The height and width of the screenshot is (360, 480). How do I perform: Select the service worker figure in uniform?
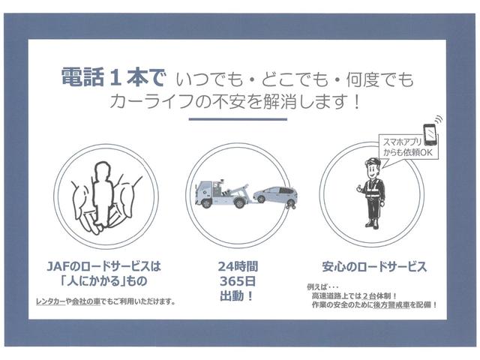click(373, 193)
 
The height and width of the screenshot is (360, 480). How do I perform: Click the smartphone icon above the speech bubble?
click(430, 132)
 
